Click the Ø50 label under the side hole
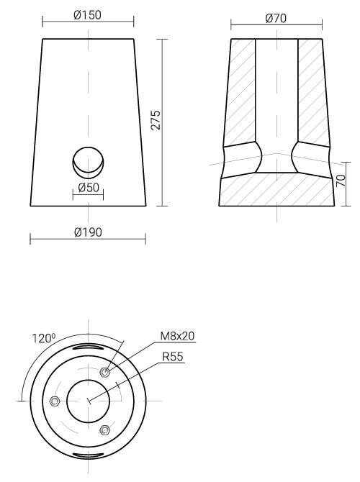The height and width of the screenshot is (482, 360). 87,188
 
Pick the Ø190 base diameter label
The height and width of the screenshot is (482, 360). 87,232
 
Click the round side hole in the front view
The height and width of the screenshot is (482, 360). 88,162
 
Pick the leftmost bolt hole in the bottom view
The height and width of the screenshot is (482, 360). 53,401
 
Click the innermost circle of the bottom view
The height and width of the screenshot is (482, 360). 88,401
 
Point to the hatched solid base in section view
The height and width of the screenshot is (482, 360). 276,190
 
